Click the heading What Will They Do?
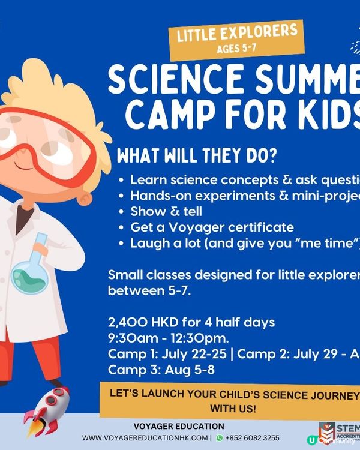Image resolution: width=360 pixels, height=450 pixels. click(197, 157)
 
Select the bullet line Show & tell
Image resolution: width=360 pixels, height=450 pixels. click(166, 211)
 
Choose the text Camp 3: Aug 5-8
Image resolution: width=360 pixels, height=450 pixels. click(161, 370)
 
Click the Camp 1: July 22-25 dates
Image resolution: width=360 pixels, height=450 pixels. click(168, 354)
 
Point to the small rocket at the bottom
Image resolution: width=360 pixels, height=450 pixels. click(48, 411)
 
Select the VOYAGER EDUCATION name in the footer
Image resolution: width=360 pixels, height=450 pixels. click(178, 426)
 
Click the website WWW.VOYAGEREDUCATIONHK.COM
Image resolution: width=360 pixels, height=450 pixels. click(146, 438)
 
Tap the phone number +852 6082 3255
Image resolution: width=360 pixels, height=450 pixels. click(252, 438)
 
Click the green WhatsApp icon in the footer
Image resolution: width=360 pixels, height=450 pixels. click(219, 438)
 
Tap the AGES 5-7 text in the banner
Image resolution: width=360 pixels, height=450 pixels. click(238, 49)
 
